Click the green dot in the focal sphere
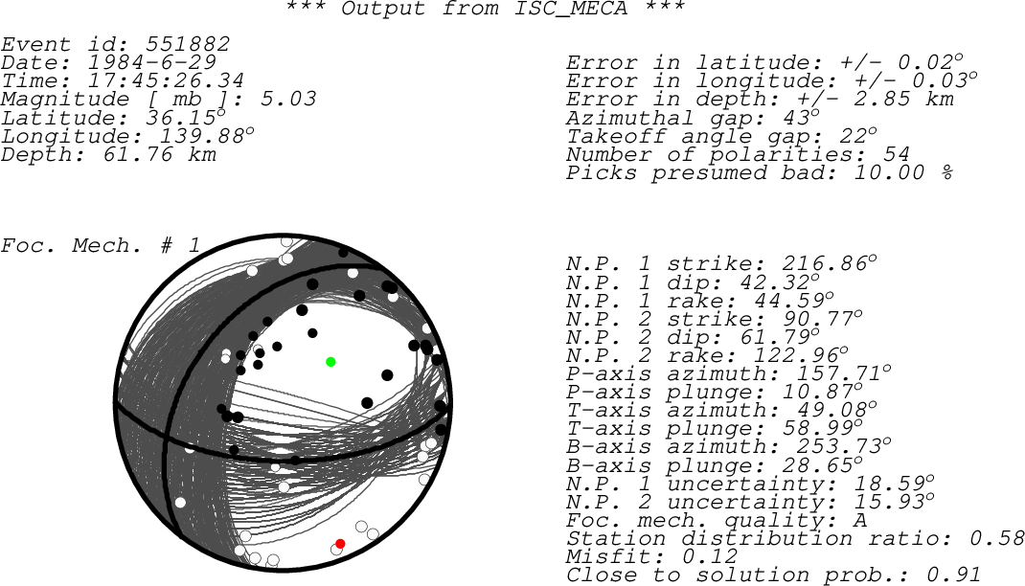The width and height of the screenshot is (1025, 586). click(x=330, y=362)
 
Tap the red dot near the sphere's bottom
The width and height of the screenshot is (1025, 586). click(x=340, y=544)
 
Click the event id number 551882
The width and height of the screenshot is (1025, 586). click(x=188, y=44)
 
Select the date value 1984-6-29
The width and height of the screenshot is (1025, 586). click(x=151, y=62)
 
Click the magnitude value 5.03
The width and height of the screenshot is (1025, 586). click(x=288, y=100)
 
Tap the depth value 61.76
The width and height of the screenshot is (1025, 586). click(x=138, y=155)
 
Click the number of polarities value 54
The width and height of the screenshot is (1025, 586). click(x=897, y=155)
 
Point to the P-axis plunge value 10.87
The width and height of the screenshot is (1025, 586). click(x=826, y=392)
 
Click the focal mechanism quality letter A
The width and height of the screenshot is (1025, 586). click(x=860, y=520)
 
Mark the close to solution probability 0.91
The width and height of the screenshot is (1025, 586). click(x=954, y=575)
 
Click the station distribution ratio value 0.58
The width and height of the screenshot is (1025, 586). click(x=997, y=538)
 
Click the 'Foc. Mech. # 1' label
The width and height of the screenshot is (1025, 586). click(x=100, y=246)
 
